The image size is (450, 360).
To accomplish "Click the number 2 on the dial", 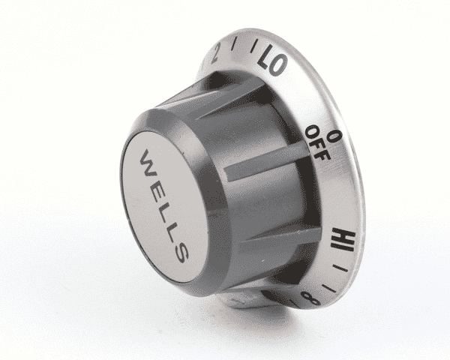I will (217, 52).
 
